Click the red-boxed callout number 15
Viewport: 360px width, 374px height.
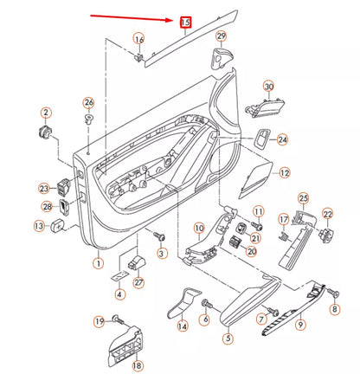183,22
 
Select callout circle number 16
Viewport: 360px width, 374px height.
138,39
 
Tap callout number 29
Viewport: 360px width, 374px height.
221,36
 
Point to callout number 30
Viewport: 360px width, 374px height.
268,87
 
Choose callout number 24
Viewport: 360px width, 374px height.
283,139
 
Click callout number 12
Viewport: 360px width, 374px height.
285,173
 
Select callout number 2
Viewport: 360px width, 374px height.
46,113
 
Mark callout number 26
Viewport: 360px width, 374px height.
88,103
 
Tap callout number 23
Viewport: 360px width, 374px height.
44,188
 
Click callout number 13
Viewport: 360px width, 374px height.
38,225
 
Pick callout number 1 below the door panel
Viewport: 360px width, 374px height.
98,262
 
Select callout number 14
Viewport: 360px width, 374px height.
183,326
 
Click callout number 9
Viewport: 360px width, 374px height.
301,326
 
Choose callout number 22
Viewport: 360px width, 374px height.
327,213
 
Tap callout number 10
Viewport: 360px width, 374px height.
198,229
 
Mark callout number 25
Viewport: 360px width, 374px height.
303,198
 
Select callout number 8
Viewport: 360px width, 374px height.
335,308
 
